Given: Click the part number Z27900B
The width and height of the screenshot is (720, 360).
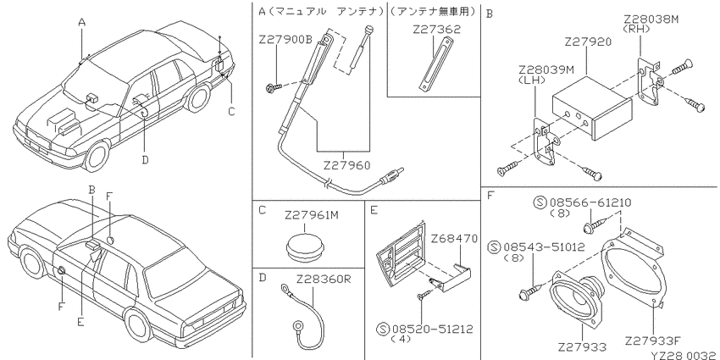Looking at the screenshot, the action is [x=285, y=40].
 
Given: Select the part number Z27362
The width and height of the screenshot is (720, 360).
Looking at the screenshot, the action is [x=436, y=30].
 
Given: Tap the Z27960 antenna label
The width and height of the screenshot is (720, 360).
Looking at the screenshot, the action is [x=346, y=165].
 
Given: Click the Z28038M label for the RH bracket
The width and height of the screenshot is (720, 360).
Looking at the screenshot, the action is [x=651, y=19].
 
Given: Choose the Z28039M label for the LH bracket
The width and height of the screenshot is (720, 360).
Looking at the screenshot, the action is [x=546, y=69].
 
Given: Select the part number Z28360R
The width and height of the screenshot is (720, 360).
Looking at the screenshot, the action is [x=324, y=279].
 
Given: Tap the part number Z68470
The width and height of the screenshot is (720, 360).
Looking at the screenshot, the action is [x=454, y=239].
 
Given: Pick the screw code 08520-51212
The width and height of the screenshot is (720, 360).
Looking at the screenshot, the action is [x=433, y=329].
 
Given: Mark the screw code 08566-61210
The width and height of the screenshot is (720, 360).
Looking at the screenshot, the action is [x=590, y=202].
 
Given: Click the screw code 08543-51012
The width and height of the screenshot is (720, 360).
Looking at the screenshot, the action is [x=544, y=247].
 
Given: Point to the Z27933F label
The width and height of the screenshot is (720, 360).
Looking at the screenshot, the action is [x=652, y=341].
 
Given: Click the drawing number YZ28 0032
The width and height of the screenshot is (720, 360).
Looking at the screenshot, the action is [x=683, y=356].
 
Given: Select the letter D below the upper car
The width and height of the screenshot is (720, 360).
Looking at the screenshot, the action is [x=145, y=160].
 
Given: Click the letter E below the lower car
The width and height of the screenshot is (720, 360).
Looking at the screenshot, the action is [x=80, y=322].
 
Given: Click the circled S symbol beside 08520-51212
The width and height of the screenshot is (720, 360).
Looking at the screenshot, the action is [x=383, y=329].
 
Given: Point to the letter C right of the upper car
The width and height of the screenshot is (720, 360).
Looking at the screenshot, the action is [x=231, y=111].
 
